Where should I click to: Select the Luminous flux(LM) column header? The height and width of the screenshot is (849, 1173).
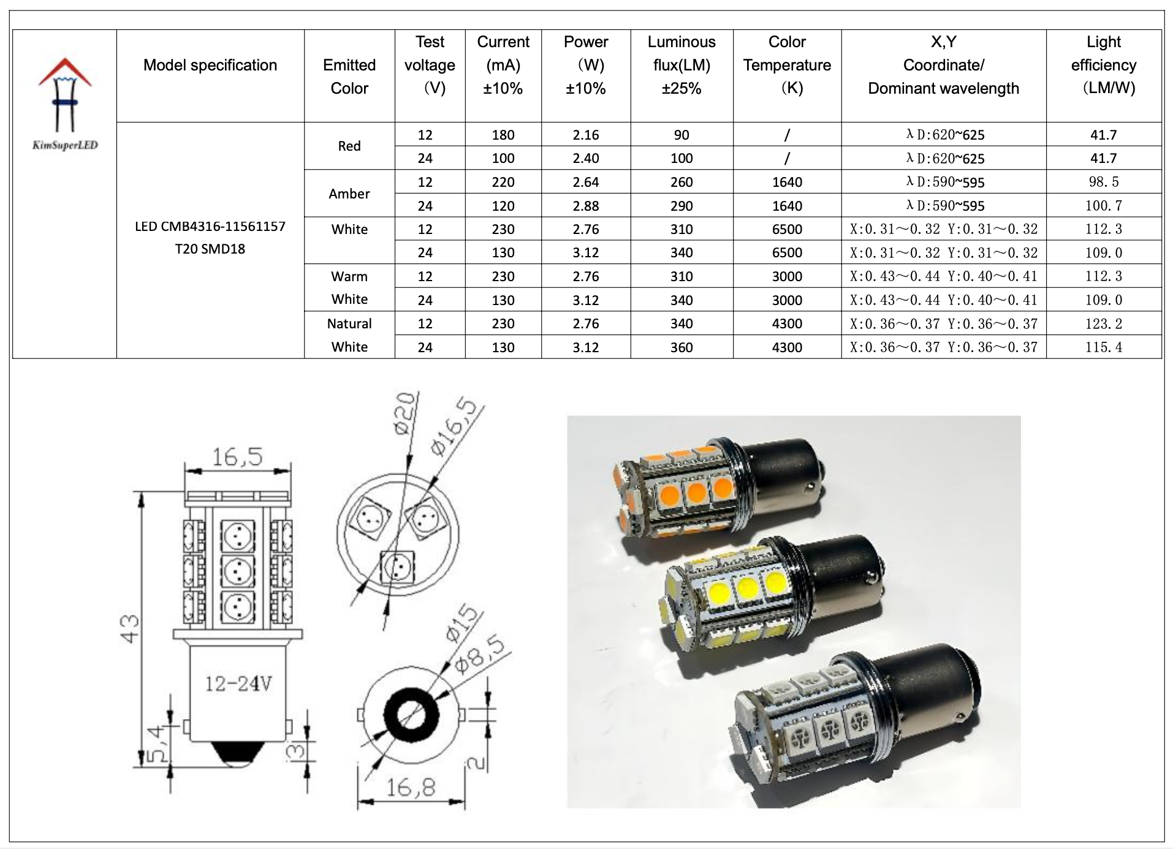(x=681, y=65)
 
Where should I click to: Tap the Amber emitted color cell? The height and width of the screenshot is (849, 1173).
(x=349, y=194)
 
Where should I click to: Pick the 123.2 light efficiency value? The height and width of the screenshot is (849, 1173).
(x=1103, y=323)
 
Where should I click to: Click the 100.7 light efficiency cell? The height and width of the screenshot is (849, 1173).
(x=1103, y=206)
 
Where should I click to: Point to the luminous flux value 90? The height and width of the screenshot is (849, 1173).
(x=681, y=135)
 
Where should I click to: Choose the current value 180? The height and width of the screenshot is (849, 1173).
(x=503, y=135)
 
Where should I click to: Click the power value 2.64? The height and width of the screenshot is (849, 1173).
(x=586, y=182)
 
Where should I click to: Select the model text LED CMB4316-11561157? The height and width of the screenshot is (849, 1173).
(x=210, y=227)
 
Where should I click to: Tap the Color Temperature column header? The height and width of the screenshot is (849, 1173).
(x=787, y=65)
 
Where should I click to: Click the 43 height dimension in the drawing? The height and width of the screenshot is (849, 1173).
(x=130, y=628)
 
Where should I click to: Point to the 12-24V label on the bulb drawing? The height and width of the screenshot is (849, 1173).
(x=238, y=684)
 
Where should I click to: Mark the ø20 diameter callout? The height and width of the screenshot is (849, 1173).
(x=405, y=414)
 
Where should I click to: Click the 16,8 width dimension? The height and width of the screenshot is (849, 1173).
(x=411, y=787)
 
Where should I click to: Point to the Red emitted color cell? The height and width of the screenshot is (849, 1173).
(x=349, y=146)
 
